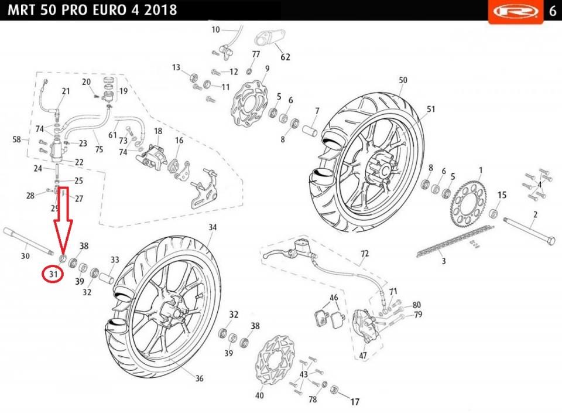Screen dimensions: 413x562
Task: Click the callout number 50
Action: pyautogui.click(x=403, y=80)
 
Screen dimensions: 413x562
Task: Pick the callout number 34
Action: pyautogui.click(x=212, y=227)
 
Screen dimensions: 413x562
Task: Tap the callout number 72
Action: pyautogui.click(x=365, y=254)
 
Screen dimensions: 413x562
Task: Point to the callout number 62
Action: pyautogui.click(x=285, y=57)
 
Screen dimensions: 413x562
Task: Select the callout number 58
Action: pyautogui.click(x=17, y=139)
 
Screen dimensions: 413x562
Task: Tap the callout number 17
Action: pyautogui.click(x=355, y=402)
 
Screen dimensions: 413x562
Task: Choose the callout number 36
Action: pyautogui.click(x=199, y=378)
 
